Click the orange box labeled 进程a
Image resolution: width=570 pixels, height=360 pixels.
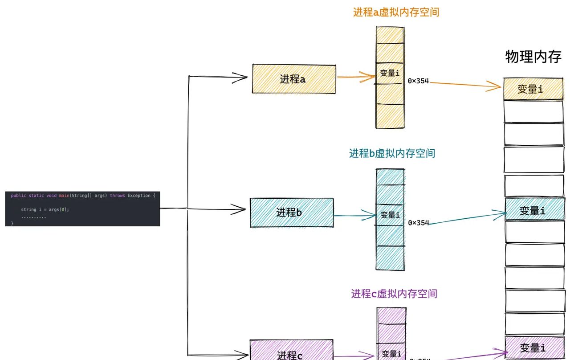(x=294, y=79)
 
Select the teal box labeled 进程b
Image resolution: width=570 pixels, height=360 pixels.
(x=292, y=213)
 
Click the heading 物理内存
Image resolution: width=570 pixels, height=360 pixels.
(x=533, y=57)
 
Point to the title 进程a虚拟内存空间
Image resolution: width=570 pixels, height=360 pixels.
(x=396, y=12)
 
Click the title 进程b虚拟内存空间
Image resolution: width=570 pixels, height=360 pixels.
(x=392, y=153)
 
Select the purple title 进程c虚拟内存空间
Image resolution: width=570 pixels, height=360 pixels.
(x=394, y=294)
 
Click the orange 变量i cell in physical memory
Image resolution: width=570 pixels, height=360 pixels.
(x=533, y=89)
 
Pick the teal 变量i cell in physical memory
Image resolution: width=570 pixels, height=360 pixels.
(x=533, y=210)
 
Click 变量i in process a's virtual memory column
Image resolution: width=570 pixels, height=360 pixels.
(x=390, y=73)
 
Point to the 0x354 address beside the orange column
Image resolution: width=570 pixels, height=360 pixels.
(x=418, y=81)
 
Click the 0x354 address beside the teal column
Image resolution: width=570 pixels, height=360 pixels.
(x=418, y=223)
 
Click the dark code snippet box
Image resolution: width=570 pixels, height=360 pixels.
(x=82, y=209)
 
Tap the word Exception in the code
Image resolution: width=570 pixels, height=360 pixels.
(x=139, y=196)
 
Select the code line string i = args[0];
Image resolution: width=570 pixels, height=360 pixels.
(x=45, y=209)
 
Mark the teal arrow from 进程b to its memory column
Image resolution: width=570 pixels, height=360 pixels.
(x=354, y=216)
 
